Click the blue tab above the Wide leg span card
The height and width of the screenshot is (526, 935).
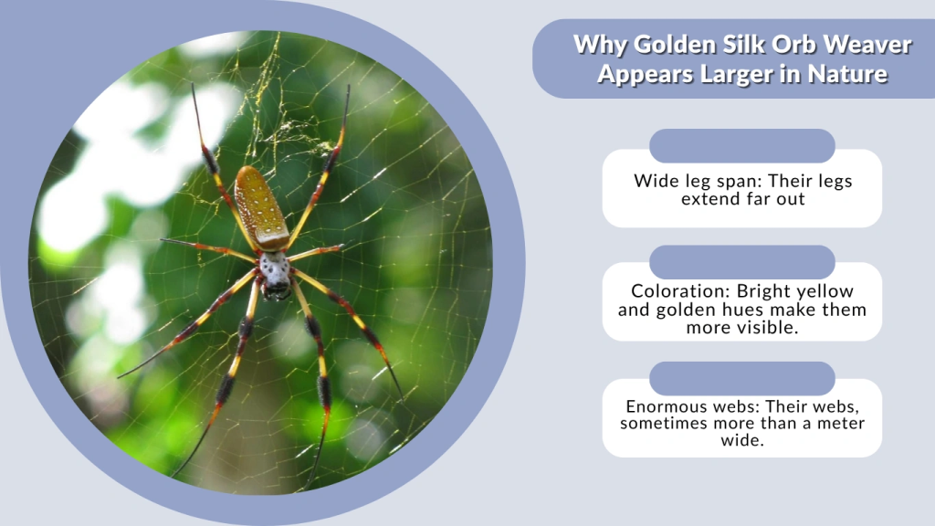(x=741, y=146)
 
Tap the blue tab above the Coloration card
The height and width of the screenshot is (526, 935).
(x=741, y=261)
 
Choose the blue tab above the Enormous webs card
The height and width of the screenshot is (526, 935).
(x=741, y=378)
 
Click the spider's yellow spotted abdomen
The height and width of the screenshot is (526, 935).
(x=260, y=207)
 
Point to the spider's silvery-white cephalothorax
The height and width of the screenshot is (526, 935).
(x=274, y=269)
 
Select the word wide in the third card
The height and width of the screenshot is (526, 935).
(x=741, y=440)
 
